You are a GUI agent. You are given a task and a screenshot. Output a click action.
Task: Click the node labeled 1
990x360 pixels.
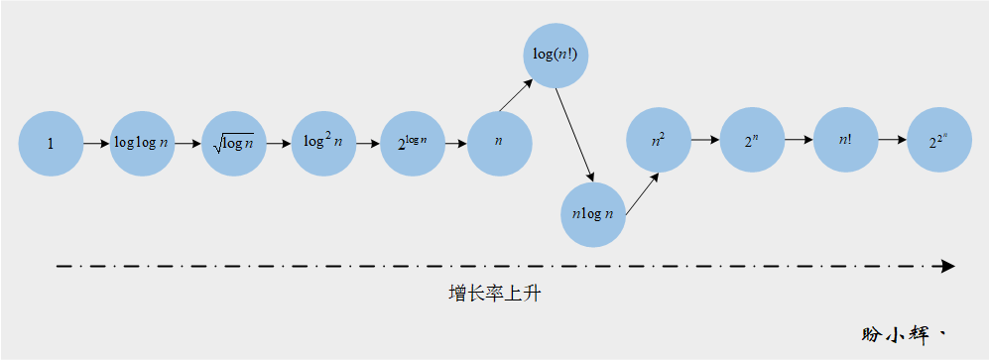tap(51, 144)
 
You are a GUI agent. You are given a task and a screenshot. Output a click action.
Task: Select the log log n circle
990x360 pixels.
tap(142, 144)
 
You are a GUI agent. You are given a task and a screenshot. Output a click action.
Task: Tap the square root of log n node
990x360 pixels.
tap(233, 144)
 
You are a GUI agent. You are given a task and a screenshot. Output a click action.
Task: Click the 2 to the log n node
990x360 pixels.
tap(414, 144)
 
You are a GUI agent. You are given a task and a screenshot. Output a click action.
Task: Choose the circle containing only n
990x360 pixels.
tap(499, 144)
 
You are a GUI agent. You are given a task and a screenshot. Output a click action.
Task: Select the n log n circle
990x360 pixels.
tap(593, 213)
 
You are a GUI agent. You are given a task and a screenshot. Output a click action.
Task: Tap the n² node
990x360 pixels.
tap(659, 142)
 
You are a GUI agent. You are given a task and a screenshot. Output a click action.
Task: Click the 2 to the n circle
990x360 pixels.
tap(751, 142)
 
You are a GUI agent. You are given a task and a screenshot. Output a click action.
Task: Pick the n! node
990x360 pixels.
tap(845, 142)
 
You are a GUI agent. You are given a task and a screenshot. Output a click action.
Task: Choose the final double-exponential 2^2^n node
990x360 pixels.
tap(936, 142)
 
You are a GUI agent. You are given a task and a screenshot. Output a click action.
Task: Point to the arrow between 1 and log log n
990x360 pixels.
tap(96, 144)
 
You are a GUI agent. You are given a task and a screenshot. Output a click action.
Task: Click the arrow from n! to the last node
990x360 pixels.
tap(891, 142)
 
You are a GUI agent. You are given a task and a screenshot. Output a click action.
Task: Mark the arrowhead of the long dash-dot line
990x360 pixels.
tap(947, 266)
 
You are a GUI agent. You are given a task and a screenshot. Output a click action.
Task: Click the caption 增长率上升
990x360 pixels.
tap(493, 295)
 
